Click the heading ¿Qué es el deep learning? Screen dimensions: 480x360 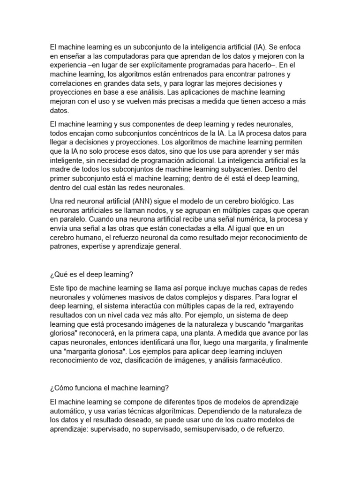tap(92, 274)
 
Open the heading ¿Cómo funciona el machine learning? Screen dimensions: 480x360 tap(109, 388)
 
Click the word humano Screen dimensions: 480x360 tap(95, 238)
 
